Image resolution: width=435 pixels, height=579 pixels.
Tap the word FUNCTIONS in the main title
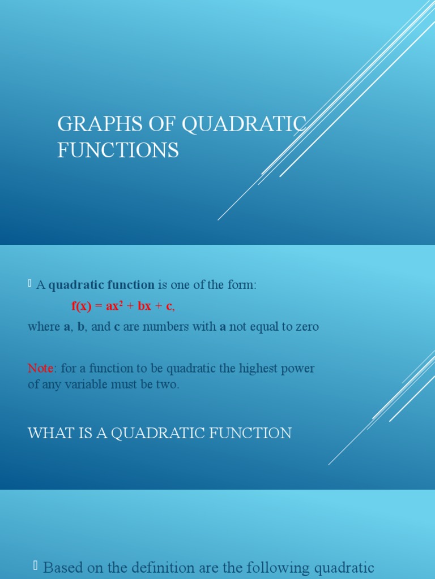coord(118,151)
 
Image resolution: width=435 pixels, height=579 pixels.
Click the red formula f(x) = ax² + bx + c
coord(123,306)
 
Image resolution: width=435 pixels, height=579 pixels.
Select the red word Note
coord(40,369)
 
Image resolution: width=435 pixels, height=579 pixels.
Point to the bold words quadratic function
coord(101,286)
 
